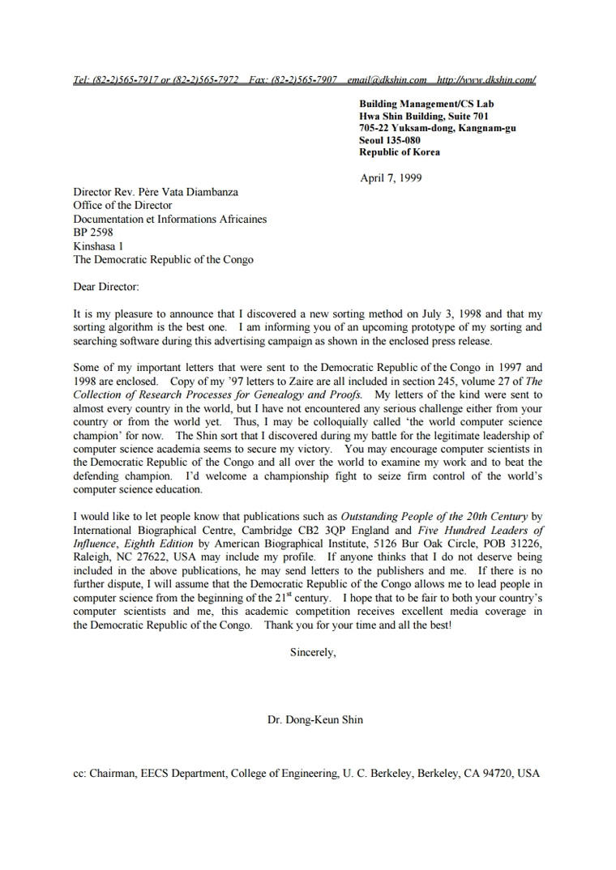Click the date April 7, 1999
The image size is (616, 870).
[391, 178]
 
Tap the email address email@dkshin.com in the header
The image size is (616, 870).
[387, 80]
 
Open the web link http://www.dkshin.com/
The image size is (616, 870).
[486, 80]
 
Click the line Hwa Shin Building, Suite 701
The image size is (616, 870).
[424, 116]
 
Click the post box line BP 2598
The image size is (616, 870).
[93, 232]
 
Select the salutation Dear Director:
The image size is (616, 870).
[106, 287]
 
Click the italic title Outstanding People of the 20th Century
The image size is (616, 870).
[434, 516]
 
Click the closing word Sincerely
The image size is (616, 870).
[313, 652]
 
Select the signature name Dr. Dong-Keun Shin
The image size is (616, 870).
[315, 719]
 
